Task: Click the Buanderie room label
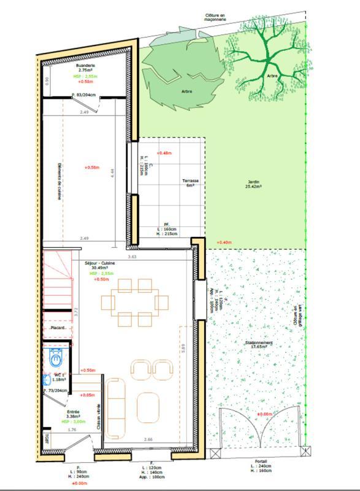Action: (x=85, y=65)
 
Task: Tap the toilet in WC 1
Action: (x=56, y=357)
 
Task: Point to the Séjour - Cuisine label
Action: (x=100, y=262)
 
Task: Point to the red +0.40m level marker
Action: (x=224, y=242)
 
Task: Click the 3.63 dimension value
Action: (x=131, y=257)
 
